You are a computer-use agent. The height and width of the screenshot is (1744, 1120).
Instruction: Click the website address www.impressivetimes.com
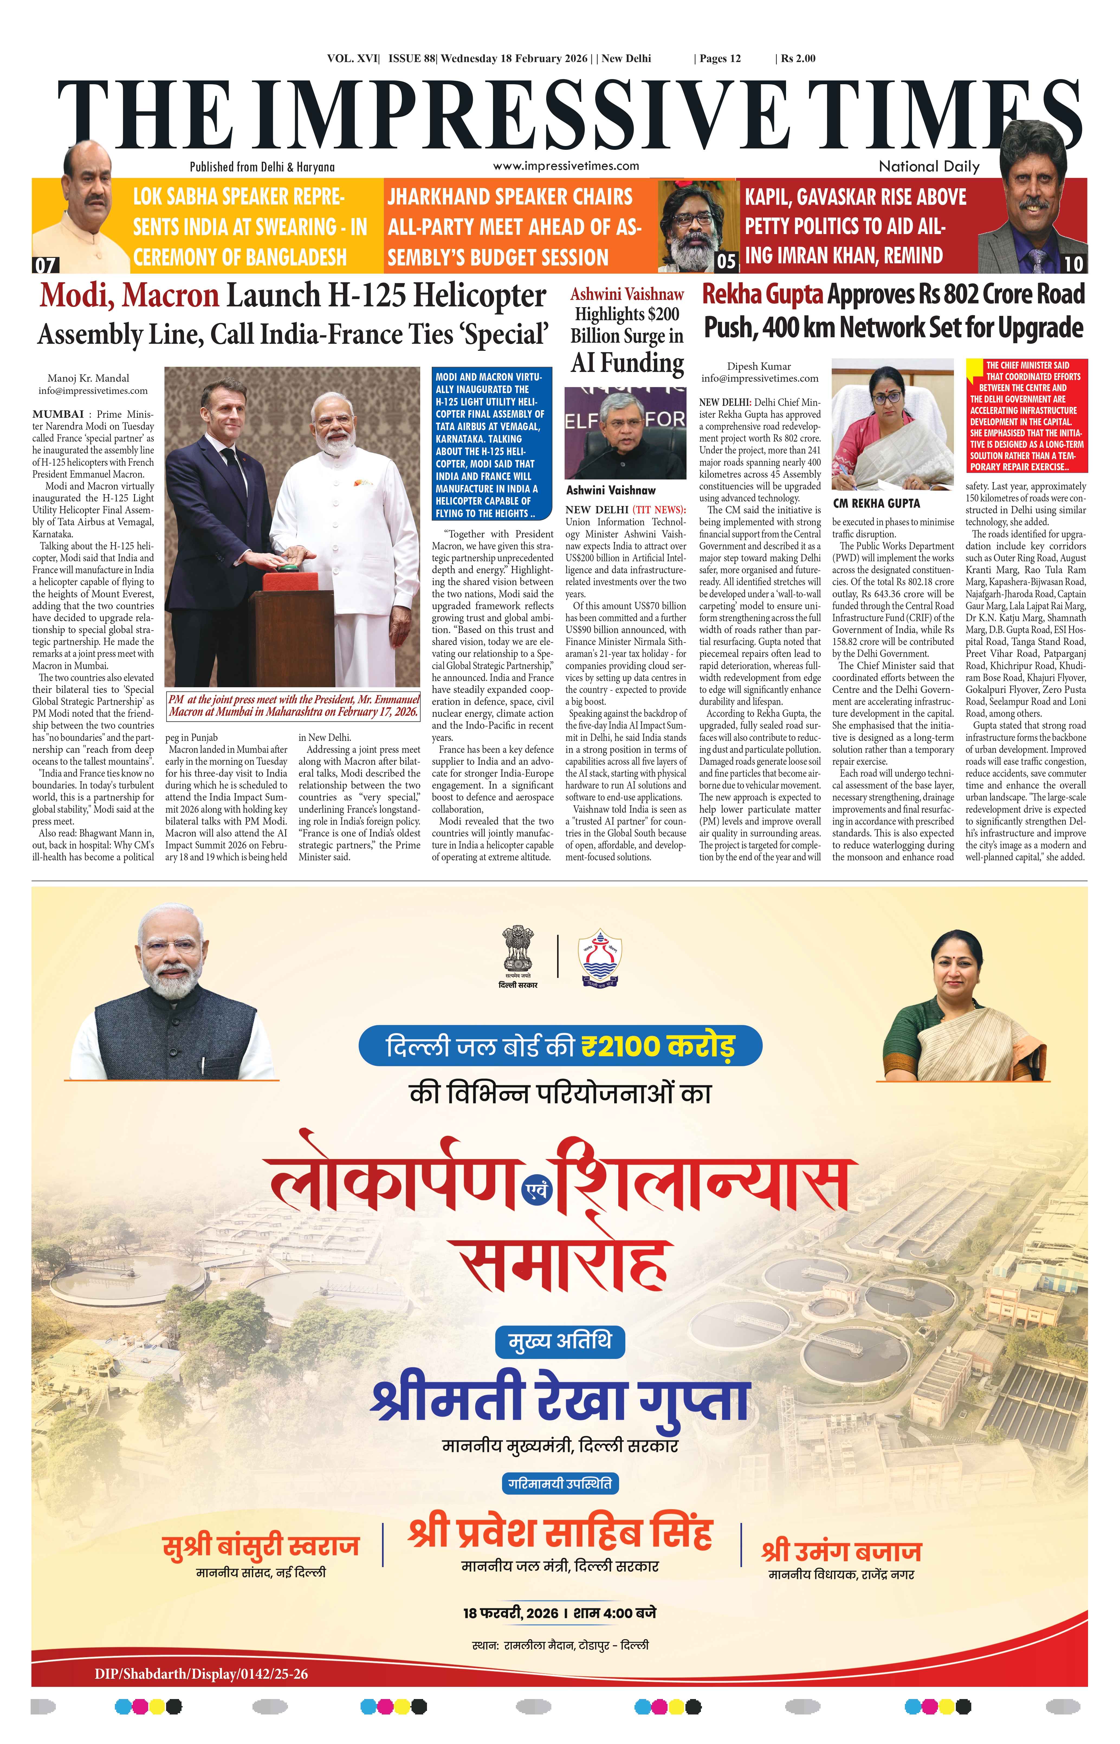point(566,166)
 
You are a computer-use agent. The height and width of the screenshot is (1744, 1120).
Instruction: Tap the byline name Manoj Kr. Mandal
point(88,378)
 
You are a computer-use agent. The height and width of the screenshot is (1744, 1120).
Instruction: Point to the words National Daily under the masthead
point(929,167)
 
